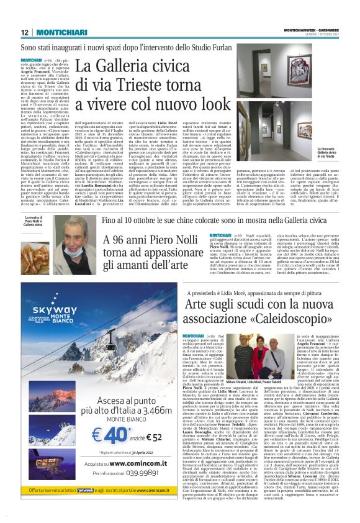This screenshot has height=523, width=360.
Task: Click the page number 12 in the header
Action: pos(25,32)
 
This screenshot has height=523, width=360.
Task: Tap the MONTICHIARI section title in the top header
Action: pos(56,32)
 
